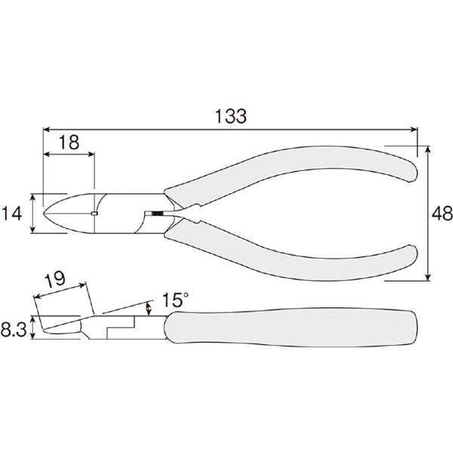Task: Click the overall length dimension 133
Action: click(x=231, y=116)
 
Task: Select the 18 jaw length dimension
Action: click(x=69, y=143)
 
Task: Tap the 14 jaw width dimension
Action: click(x=11, y=214)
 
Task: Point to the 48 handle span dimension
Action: click(x=442, y=214)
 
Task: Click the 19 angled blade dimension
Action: click(x=55, y=279)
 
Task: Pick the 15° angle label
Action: click(x=175, y=300)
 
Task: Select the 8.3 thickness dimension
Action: click(x=14, y=330)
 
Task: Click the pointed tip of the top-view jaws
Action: click(x=44, y=214)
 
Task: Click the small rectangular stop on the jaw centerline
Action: click(x=94, y=214)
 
